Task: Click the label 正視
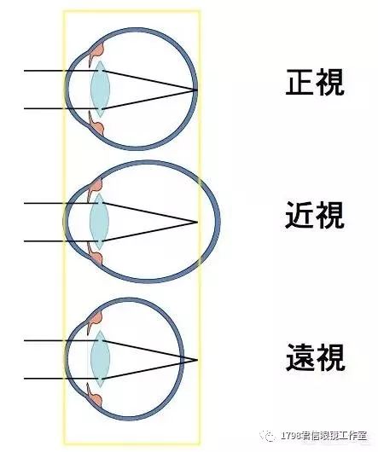[x=315, y=82]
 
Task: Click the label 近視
[x=315, y=215]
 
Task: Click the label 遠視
[x=315, y=357]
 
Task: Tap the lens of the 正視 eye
[x=100, y=89]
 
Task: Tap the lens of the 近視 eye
[x=100, y=222]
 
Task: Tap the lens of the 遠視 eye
[x=101, y=359]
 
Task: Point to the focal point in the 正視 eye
[x=197, y=90]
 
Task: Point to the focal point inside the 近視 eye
[x=197, y=222]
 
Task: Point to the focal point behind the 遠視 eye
[x=197, y=360]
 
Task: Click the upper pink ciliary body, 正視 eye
[x=97, y=51]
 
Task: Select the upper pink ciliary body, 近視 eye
[x=96, y=187]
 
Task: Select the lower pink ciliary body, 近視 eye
[x=96, y=255]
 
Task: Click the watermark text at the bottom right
[x=324, y=435]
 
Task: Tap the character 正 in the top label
[x=299, y=83]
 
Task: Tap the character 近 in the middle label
[x=299, y=215]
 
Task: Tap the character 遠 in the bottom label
[x=299, y=357]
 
